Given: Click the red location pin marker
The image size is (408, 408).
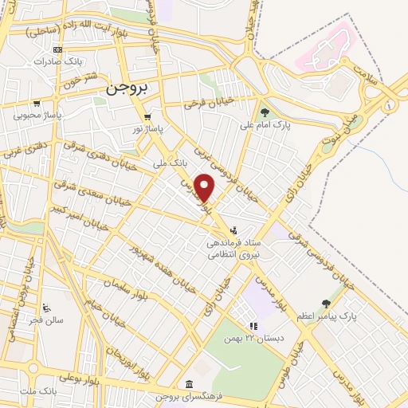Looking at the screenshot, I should [x=206, y=187].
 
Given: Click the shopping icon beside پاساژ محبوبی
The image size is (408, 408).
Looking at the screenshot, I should [x=37, y=103].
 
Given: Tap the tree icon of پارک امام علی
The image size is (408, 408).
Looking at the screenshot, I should [x=264, y=112].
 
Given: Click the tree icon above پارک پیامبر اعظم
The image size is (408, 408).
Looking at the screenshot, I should [x=326, y=303].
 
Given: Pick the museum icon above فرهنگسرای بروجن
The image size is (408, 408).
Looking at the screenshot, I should [x=188, y=382].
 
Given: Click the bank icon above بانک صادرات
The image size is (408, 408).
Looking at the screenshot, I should [x=58, y=49].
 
